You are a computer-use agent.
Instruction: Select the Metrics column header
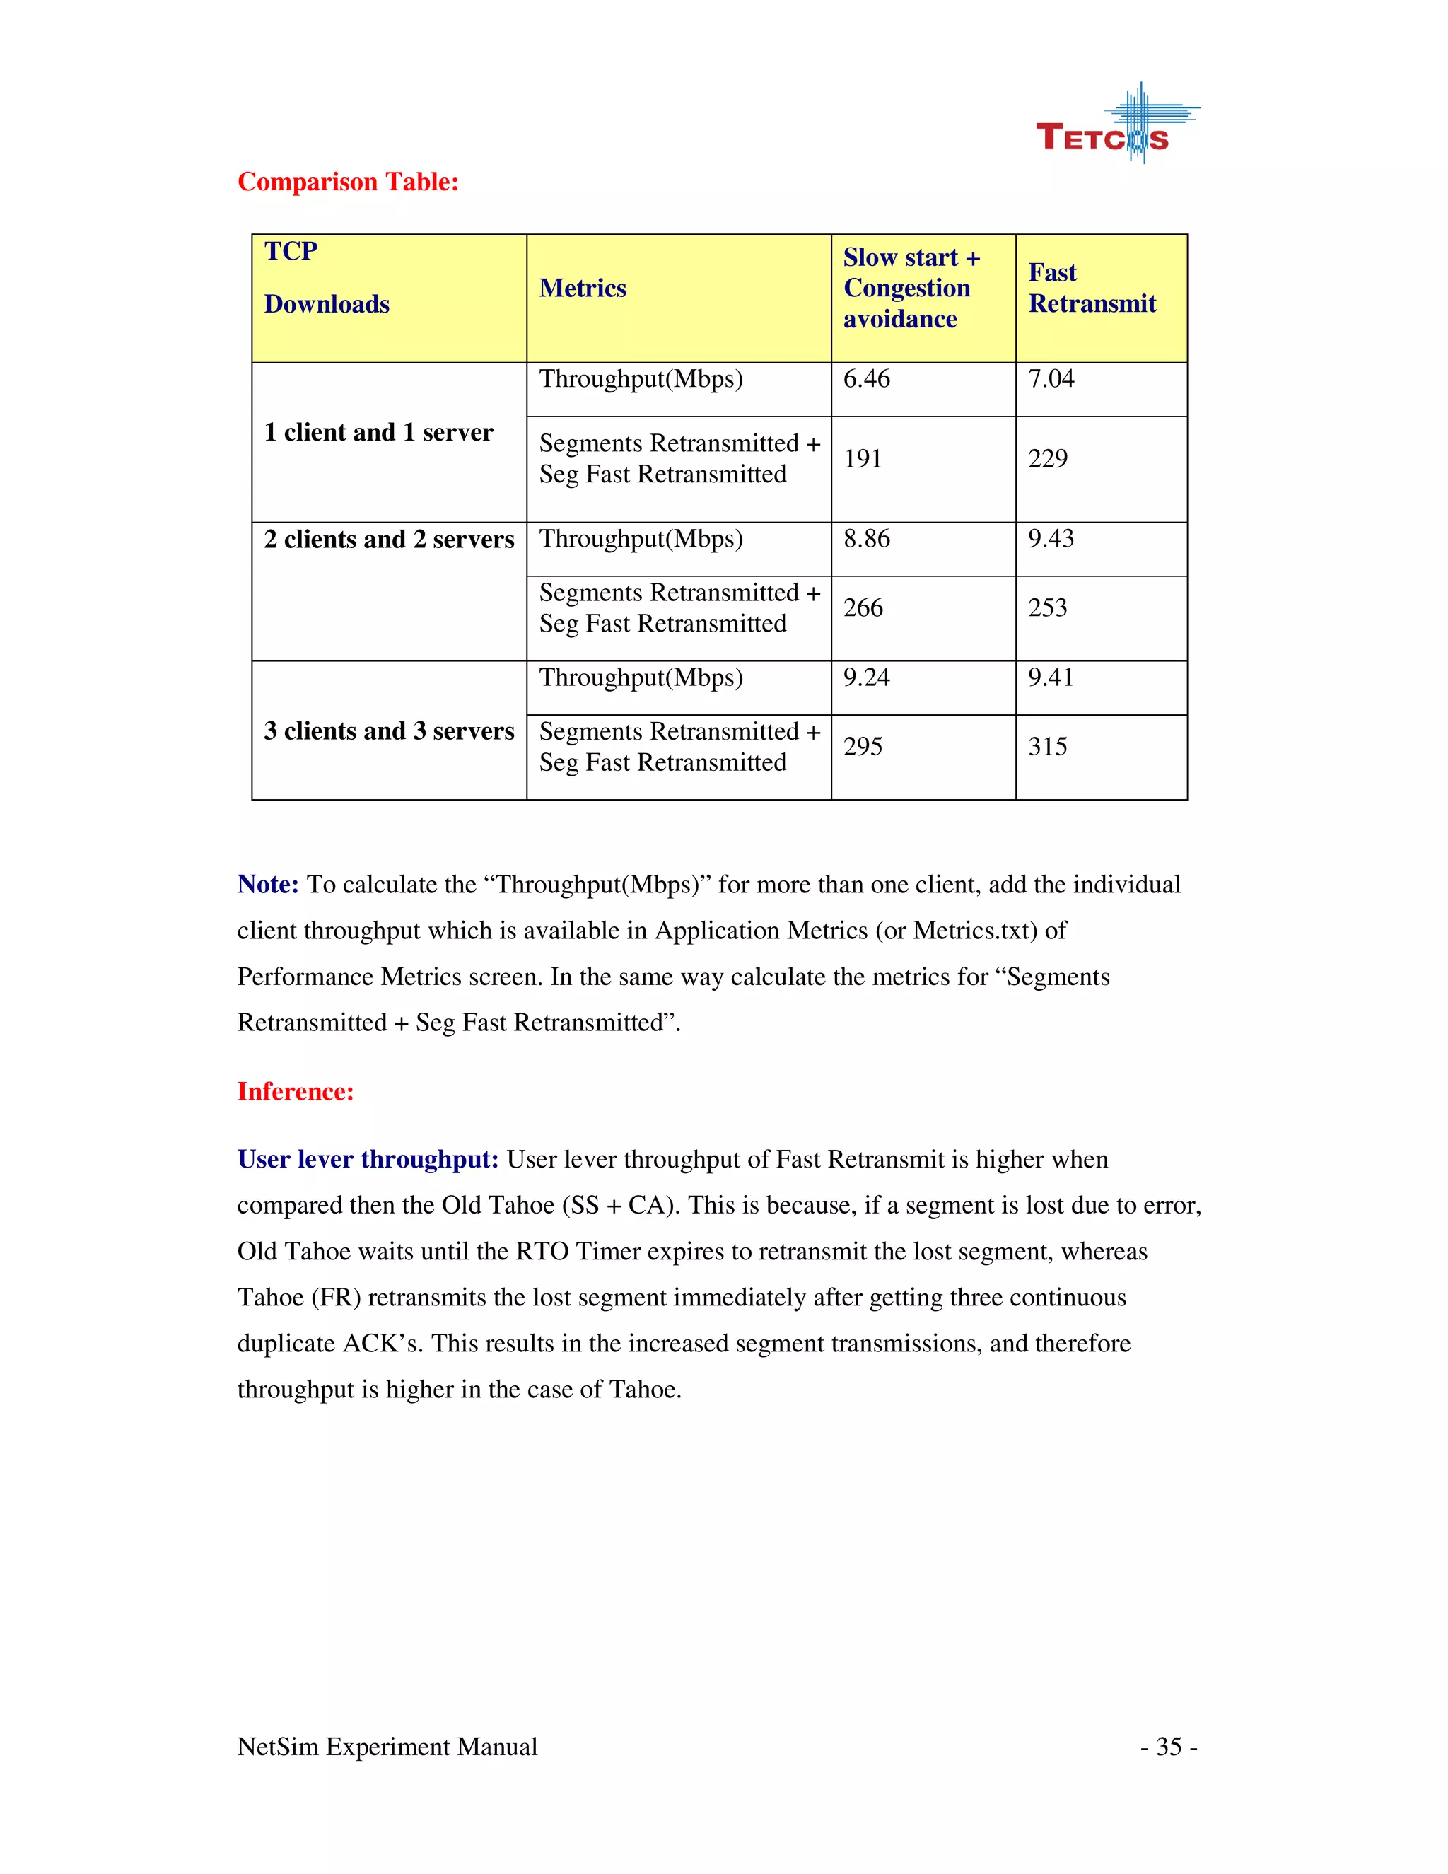pyautogui.click(x=583, y=289)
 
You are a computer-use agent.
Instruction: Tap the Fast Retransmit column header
pyautogui.click(x=1091, y=289)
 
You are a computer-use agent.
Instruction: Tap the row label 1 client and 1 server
pyautogui.click(x=378, y=433)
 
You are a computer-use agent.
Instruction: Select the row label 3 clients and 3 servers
pyautogui.click(x=389, y=731)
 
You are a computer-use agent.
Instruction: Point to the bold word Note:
pyautogui.click(x=268, y=885)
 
